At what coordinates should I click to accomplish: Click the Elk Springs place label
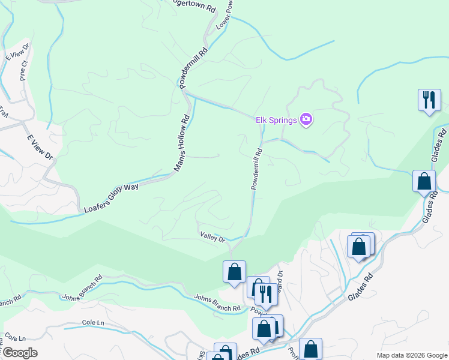point(276,120)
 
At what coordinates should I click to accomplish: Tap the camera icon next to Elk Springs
point(306,119)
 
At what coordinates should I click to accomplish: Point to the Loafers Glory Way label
point(111,197)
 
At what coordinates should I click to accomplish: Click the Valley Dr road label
point(212,239)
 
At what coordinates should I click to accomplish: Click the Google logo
point(19,353)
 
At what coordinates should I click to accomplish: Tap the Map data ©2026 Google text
point(411,355)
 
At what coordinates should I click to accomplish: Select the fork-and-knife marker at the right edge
point(429,100)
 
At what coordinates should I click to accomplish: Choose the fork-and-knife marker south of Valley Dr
point(265,294)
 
